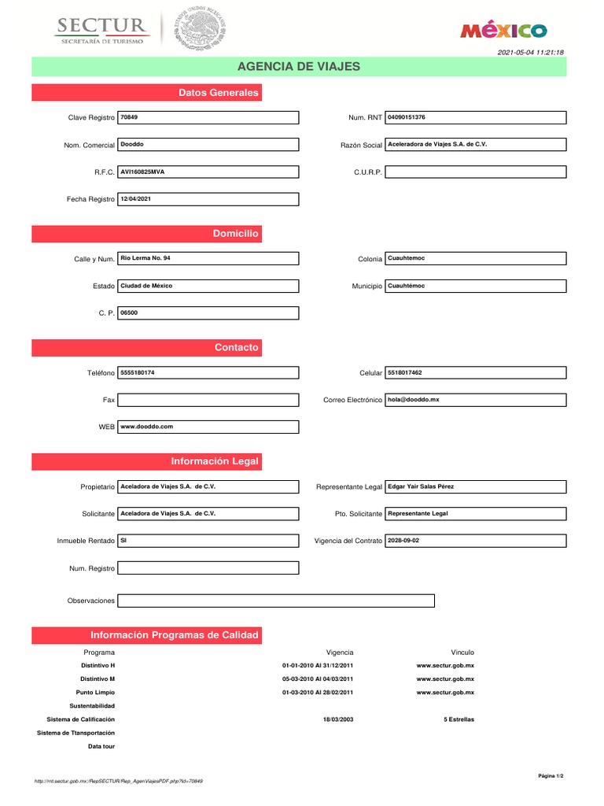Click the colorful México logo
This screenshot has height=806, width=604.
click(x=503, y=31)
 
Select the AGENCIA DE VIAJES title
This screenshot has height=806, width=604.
click(x=299, y=66)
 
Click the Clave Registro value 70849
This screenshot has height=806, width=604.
click(x=129, y=117)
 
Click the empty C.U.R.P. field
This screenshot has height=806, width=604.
click(x=475, y=172)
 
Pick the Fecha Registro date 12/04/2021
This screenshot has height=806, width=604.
click(x=135, y=199)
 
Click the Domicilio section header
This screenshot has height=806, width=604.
click(x=235, y=234)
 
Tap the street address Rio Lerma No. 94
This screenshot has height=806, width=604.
click(x=145, y=258)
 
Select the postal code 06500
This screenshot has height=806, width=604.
click(x=128, y=312)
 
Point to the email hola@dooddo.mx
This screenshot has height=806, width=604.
click(x=414, y=400)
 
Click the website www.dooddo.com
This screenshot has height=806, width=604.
click(x=146, y=427)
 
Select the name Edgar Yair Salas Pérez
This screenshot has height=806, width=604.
click(x=421, y=486)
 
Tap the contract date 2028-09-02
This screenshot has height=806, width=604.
click(x=405, y=541)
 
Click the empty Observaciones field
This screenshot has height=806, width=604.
click(x=275, y=601)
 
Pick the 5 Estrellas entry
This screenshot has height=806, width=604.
click(x=459, y=719)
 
